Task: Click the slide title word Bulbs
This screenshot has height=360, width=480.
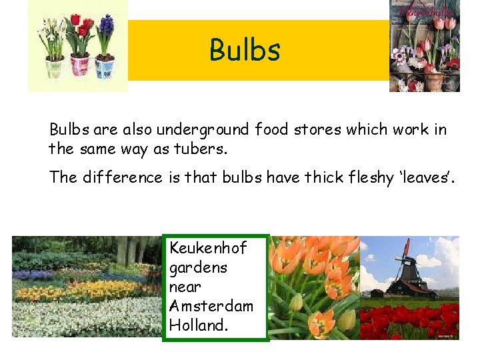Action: [245, 50]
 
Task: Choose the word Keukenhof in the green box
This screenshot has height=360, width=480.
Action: [208, 248]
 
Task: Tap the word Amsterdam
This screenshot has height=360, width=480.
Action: [211, 306]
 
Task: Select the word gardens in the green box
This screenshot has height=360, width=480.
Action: [198, 267]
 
